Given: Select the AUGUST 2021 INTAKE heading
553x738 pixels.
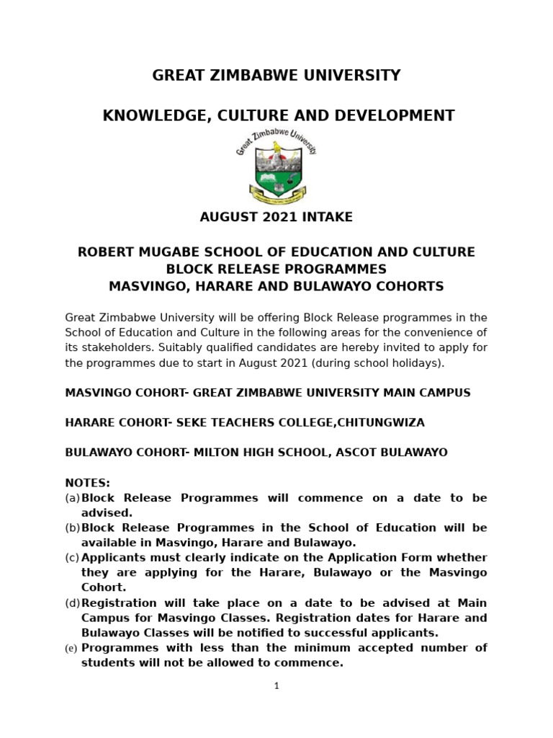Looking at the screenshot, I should (276, 216).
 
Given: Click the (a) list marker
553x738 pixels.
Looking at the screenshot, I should (72, 498).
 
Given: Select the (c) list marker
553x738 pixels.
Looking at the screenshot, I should (72, 558).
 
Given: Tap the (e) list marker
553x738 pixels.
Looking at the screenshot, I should (72, 649).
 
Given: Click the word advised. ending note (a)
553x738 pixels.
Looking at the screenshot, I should (107, 512).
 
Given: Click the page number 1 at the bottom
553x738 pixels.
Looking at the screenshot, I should (276, 686).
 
